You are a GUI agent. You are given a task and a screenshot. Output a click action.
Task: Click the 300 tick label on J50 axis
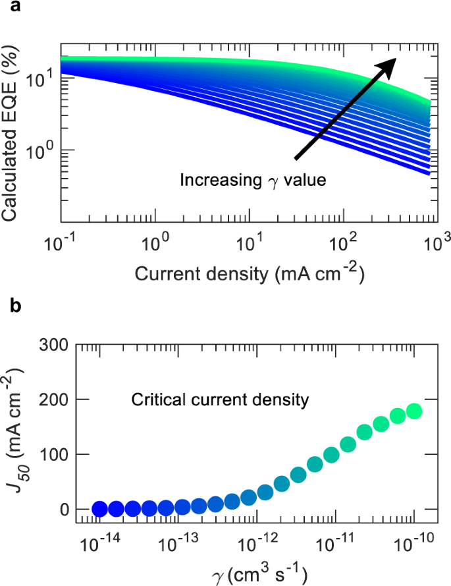(x=55, y=343)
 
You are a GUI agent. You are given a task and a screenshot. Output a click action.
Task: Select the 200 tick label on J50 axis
(x=55, y=399)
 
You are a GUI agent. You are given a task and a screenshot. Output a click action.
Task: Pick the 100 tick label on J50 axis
(x=55, y=454)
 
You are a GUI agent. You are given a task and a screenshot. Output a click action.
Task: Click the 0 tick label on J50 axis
(x=63, y=510)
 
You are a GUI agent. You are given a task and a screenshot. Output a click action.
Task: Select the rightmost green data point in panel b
(x=414, y=411)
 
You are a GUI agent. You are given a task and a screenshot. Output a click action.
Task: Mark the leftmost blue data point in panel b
(x=99, y=508)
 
